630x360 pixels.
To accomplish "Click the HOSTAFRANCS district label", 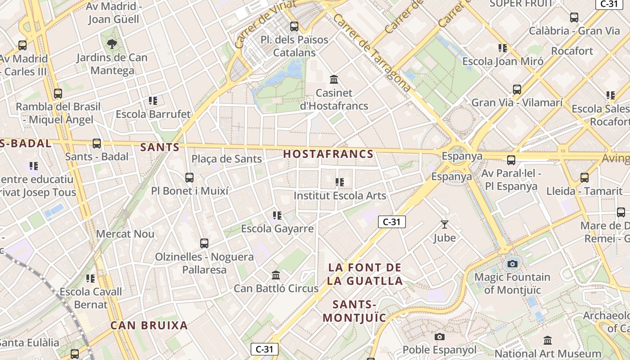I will pyautogui.click(x=328, y=154).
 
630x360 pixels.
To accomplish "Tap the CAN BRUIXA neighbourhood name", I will pyautogui.click(x=149, y=325).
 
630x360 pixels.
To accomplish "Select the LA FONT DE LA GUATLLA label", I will pyautogui.click(x=364, y=274).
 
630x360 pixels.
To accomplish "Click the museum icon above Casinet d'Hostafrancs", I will pyautogui.click(x=334, y=80).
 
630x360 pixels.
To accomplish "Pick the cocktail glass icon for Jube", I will pyautogui.click(x=445, y=224).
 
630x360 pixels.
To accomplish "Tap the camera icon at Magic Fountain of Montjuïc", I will pyautogui.click(x=512, y=264).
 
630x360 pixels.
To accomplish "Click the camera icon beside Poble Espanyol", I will pyautogui.click(x=440, y=337).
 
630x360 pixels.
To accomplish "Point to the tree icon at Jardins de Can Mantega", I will pyautogui.click(x=112, y=44).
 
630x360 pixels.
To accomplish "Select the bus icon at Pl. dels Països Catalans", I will pyautogui.click(x=294, y=27).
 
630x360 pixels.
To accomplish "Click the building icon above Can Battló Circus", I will pyautogui.click(x=276, y=275).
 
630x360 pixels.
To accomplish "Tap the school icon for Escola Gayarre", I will pyautogui.click(x=277, y=216).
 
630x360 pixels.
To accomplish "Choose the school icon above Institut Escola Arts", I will pyautogui.click(x=340, y=182).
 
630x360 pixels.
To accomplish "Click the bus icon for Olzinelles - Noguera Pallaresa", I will pyautogui.click(x=204, y=243).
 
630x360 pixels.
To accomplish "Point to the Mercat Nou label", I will pyautogui.click(x=125, y=234).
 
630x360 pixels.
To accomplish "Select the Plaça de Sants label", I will pyautogui.click(x=226, y=159).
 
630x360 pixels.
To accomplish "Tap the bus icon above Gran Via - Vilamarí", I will pyautogui.click(x=517, y=90).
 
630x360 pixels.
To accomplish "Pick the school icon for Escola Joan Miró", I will pyautogui.click(x=503, y=48).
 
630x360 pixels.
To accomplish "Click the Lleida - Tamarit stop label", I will pyautogui.click(x=584, y=191).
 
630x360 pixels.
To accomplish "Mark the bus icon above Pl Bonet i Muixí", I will pyautogui.click(x=189, y=178).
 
